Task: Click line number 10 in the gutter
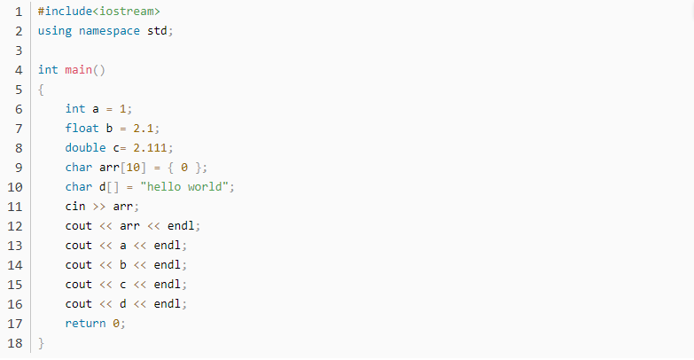point(14,187)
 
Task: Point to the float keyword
point(82,129)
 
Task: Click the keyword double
point(85,148)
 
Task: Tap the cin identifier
point(75,207)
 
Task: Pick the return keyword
point(85,324)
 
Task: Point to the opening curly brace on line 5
point(41,90)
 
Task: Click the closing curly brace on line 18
point(41,343)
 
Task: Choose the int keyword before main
point(48,70)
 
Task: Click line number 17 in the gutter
point(14,324)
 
